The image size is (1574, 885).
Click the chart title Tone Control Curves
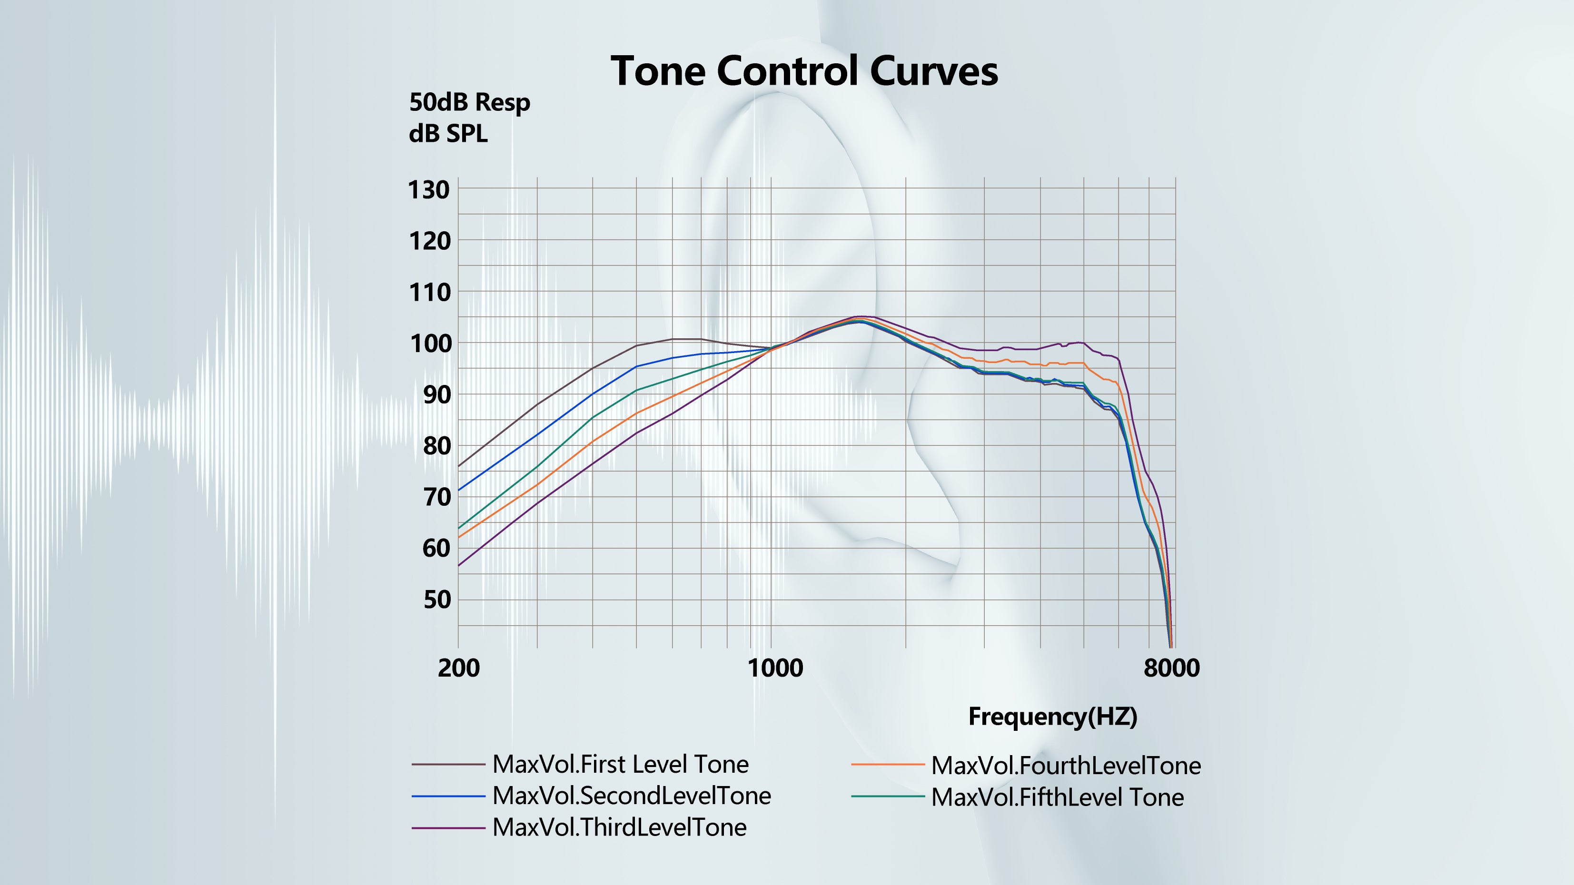tap(804, 71)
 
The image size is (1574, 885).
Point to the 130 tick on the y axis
tap(428, 190)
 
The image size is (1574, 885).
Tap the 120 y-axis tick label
tap(428, 241)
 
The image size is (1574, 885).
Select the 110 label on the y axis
tap(428, 293)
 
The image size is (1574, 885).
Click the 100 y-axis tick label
tap(428, 344)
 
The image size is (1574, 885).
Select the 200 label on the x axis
tap(458, 668)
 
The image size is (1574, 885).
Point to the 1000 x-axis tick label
tap(775, 668)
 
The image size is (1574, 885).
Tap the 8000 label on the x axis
tap(1171, 668)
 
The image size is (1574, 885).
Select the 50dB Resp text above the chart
tap(469, 103)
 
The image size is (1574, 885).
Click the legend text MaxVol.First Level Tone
tap(620, 765)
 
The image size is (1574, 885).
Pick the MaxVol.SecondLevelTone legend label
tap(631, 796)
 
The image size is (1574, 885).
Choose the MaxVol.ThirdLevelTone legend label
tap(619, 827)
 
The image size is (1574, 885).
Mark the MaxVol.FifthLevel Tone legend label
tap(1057, 797)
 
